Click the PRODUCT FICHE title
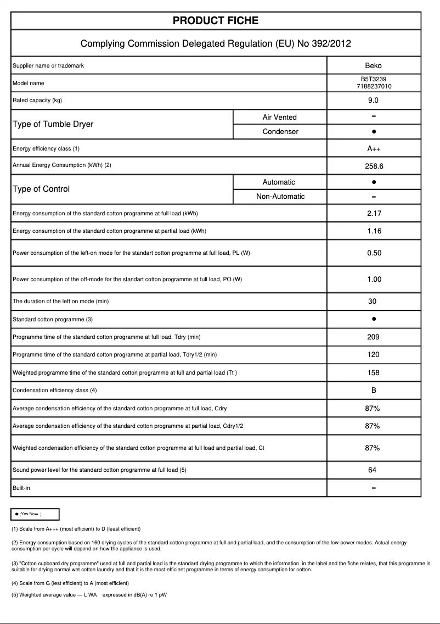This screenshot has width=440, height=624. (216, 21)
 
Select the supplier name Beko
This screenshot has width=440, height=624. (373, 66)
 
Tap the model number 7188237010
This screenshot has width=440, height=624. (373, 87)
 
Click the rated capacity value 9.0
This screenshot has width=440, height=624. (373, 101)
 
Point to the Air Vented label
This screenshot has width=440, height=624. (279, 117)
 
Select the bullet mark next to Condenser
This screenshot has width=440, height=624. (373, 132)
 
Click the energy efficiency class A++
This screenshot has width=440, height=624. (373, 149)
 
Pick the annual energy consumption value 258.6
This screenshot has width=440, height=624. (373, 166)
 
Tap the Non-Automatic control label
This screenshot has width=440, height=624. (280, 197)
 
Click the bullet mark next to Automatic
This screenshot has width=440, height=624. (373, 182)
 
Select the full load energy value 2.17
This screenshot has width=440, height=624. (374, 214)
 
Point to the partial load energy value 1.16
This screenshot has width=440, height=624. (374, 231)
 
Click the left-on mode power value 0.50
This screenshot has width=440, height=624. (374, 253)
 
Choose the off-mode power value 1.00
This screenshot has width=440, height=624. (374, 280)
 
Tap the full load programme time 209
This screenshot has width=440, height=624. (373, 337)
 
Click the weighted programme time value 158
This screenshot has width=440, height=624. (373, 373)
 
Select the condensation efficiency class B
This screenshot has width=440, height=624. (373, 391)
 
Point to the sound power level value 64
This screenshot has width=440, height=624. (373, 470)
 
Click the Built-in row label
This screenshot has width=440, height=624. (21, 488)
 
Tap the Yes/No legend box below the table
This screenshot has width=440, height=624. (35, 514)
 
